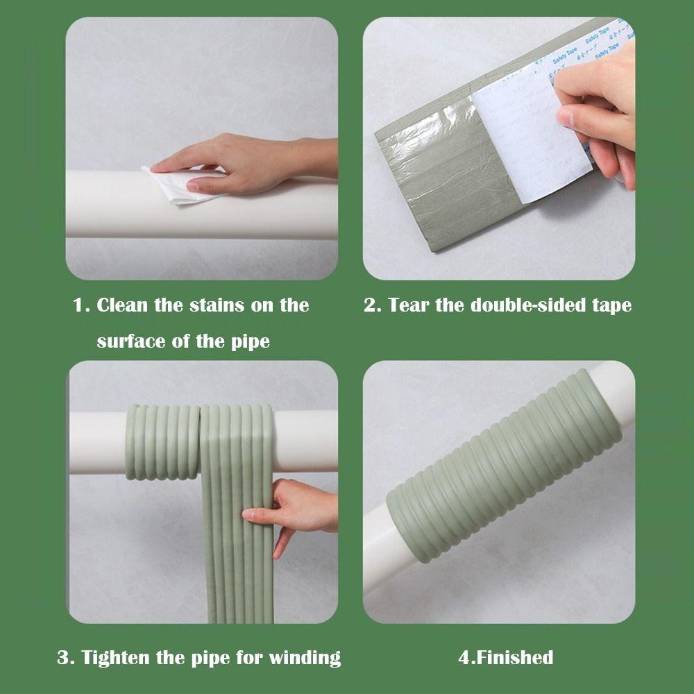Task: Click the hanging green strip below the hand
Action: pos(236,576)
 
